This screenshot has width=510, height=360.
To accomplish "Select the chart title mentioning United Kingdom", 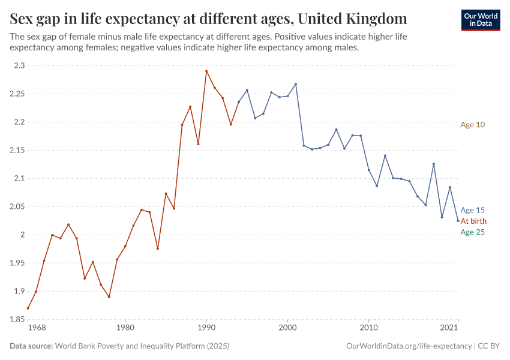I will coord(208,18).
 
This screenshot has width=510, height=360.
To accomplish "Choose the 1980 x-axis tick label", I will coord(125,328).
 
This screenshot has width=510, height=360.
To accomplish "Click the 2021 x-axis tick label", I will coord(449,328).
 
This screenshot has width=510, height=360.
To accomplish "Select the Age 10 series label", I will coord(472,125).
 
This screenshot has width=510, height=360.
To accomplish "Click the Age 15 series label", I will coord(472,210).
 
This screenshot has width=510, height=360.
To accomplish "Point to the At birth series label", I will coord(473,221).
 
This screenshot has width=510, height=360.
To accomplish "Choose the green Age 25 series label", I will coord(472,232).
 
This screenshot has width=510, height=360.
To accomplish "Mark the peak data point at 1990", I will coord(206,71).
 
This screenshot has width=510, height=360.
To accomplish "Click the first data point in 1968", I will coord(28,308).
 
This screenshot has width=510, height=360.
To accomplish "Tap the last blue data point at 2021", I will coord(458,221).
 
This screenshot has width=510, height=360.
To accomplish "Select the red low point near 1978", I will coord(109,297).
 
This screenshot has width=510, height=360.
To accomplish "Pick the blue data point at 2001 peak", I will coord(296,84).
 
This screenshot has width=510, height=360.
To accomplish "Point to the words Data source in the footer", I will coord(31,346).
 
